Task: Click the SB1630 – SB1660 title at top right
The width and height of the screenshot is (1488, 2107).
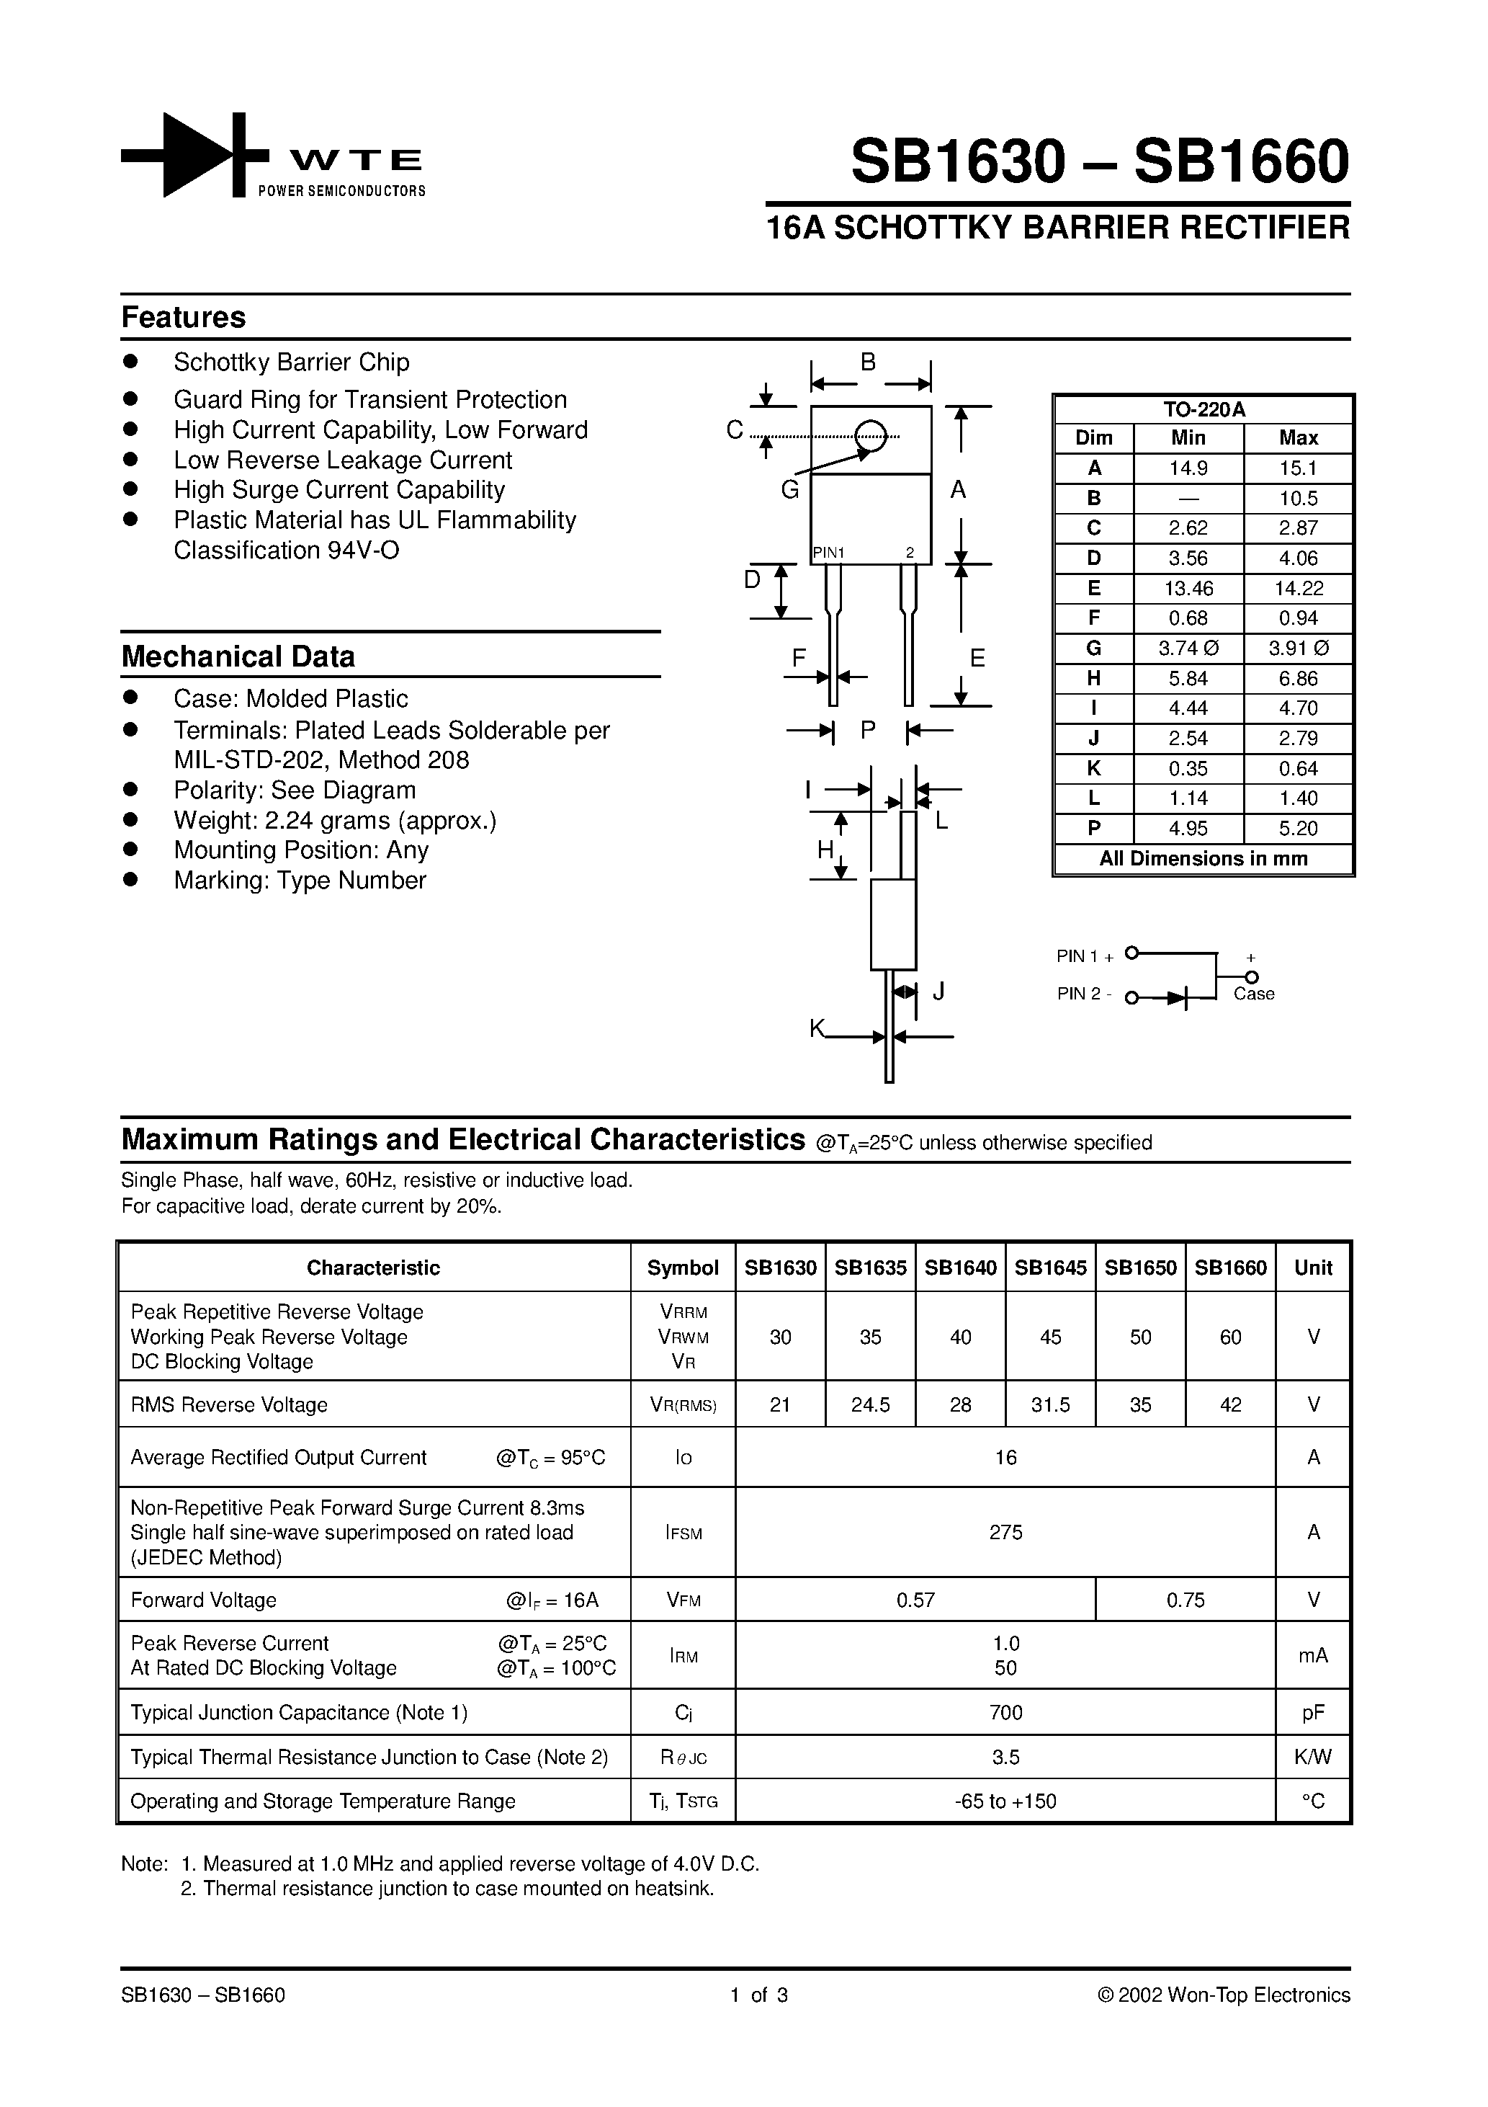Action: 1099,161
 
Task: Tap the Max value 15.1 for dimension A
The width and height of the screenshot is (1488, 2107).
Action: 1297,468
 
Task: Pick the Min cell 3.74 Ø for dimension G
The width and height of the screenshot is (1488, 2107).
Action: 1188,649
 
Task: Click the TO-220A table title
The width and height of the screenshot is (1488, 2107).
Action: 1203,409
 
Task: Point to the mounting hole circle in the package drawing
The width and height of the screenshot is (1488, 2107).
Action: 871,436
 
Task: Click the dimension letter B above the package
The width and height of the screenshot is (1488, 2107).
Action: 868,362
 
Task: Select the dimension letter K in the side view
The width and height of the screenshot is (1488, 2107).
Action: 817,1029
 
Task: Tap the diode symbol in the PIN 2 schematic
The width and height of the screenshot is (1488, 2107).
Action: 1178,997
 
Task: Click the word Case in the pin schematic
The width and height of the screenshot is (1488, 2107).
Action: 1253,994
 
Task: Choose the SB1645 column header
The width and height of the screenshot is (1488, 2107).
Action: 1050,1268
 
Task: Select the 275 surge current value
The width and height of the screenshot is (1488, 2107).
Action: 1005,1532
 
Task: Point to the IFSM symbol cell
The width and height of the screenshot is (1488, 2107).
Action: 683,1533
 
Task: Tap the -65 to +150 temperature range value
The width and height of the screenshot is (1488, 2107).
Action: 1005,1801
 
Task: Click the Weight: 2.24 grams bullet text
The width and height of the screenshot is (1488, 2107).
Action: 335,821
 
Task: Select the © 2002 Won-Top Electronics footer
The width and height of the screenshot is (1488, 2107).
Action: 1224,1995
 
